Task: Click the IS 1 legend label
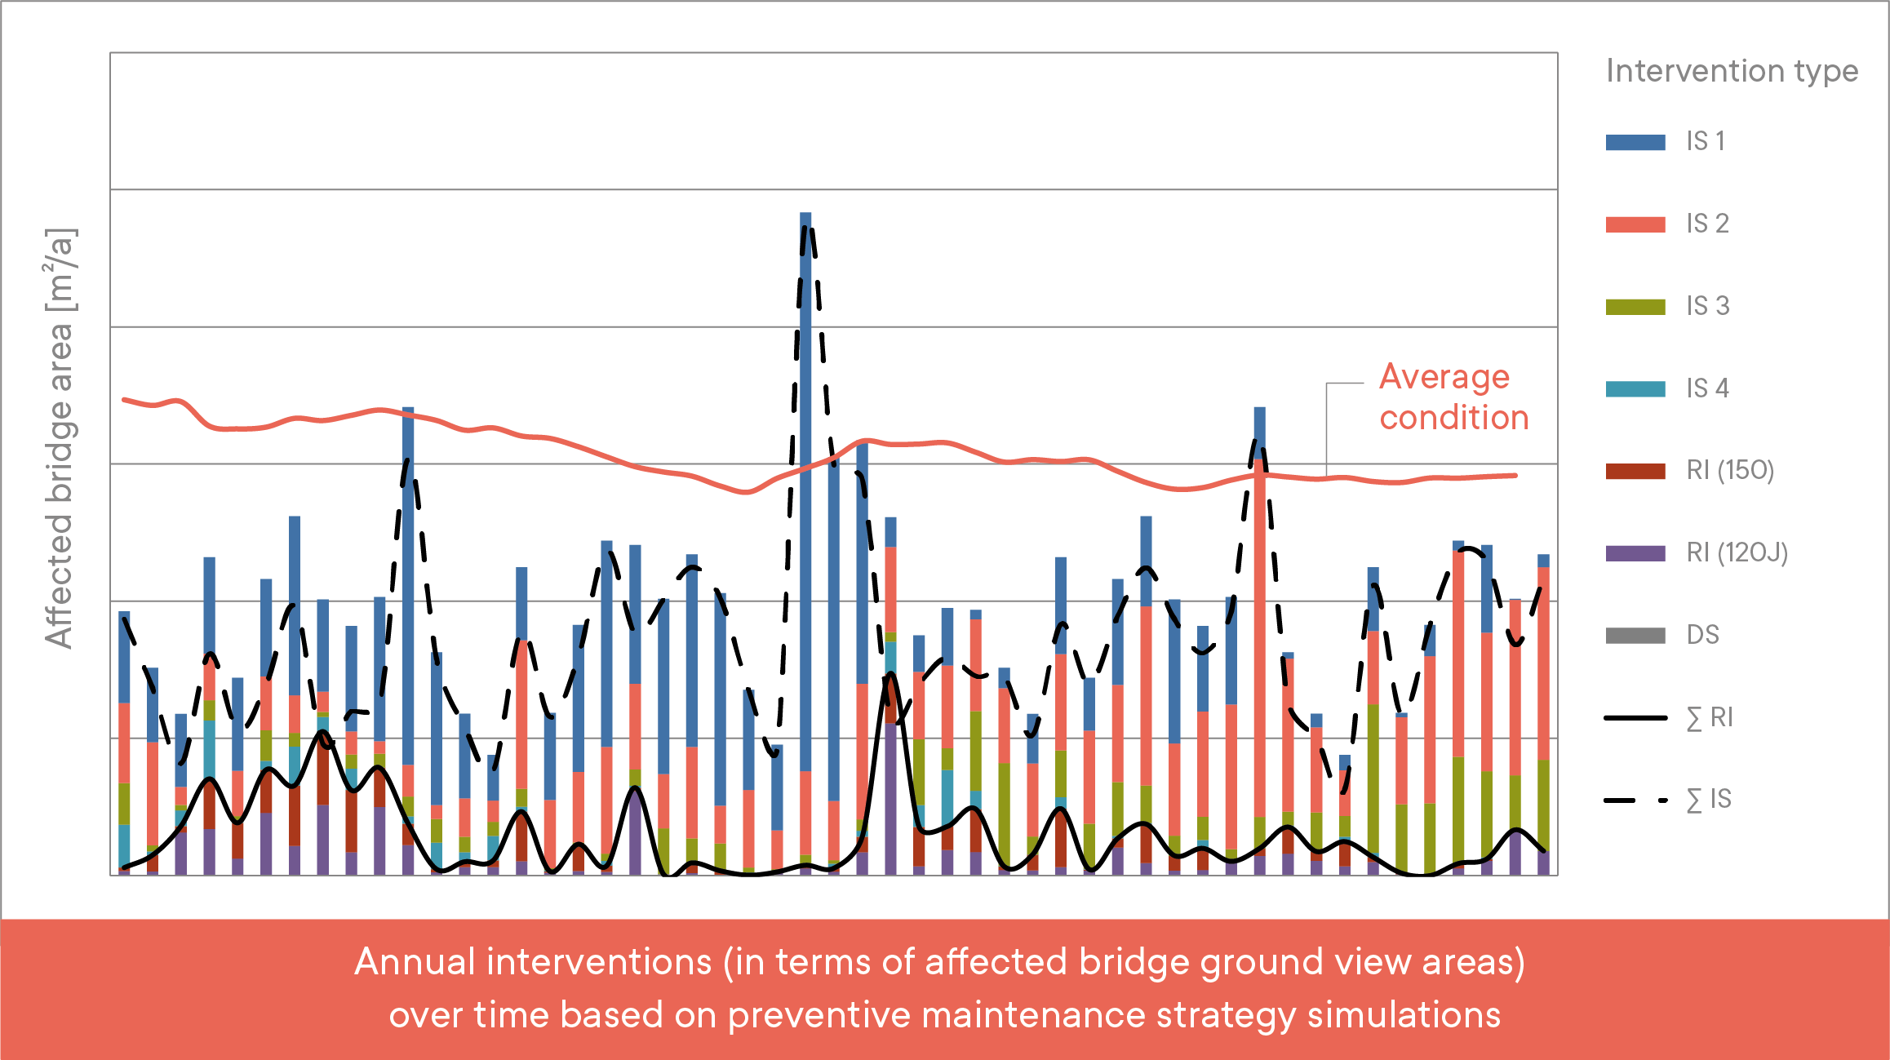[x=1706, y=141]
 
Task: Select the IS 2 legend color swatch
[x=1635, y=224]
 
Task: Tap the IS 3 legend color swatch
[x=1635, y=307]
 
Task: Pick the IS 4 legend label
[x=1707, y=388]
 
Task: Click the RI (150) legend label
[x=1730, y=470]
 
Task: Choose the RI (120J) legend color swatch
[x=1635, y=553]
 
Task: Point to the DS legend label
[x=1702, y=635]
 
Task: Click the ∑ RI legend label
[x=1709, y=717]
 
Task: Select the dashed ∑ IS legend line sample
[x=1635, y=801]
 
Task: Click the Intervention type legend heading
[x=1732, y=71]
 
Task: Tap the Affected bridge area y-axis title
[x=60, y=438]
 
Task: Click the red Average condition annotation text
[x=1453, y=397]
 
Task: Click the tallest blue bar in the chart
[x=805, y=490]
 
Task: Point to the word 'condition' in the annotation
[x=1453, y=418]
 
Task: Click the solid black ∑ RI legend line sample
[x=1635, y=718]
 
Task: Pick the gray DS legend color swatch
[x=1635, y=636]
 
